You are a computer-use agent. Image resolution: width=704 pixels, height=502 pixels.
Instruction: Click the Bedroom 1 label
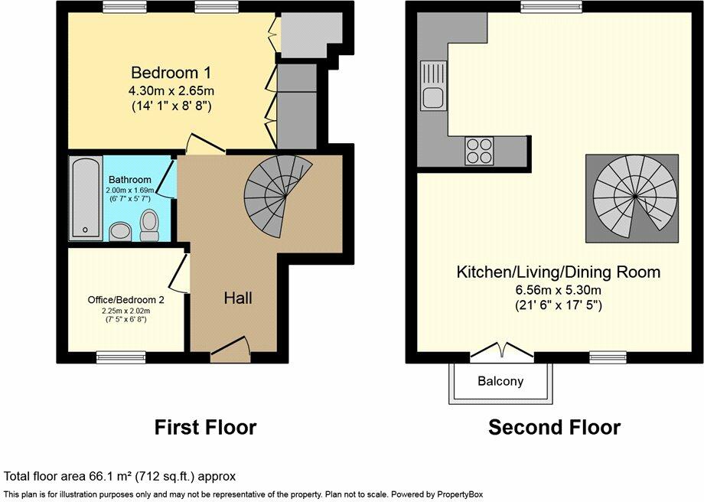(x=171, y=73)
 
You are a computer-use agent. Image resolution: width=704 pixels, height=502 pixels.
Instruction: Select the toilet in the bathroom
(x=149, y=226)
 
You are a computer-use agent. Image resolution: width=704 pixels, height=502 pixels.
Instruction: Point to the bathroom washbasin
(x=120, y=232)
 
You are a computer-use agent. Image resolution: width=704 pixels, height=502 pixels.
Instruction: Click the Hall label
(x=238, y=298)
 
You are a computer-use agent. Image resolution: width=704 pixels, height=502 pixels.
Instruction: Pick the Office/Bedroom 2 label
(x=125, y=299)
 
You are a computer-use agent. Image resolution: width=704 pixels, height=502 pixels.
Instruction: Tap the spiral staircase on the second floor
(x=635, y=197)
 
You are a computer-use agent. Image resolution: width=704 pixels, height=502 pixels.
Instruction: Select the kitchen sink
(x=433, y=86)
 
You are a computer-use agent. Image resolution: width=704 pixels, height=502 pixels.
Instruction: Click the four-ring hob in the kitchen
(x=479, y=151)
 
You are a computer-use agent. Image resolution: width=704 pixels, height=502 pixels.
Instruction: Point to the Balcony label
(x=500, y=381)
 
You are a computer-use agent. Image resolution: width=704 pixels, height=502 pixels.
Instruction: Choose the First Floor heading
(x=206, y=427)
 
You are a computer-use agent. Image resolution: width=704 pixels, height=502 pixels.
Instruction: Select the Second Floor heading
(x=555, y=427)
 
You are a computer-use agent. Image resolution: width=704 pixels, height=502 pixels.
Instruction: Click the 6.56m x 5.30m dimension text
(x=559, y=289)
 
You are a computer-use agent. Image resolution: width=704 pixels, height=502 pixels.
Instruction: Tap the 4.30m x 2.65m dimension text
(x=171, y=91)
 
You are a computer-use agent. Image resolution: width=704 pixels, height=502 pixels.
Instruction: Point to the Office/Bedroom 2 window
(x=121, y=357)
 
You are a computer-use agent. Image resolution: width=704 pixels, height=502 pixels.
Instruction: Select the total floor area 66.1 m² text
(x=119, y=477)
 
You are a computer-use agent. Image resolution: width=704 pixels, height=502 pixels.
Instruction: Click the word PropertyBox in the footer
(x=461, y=495)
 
